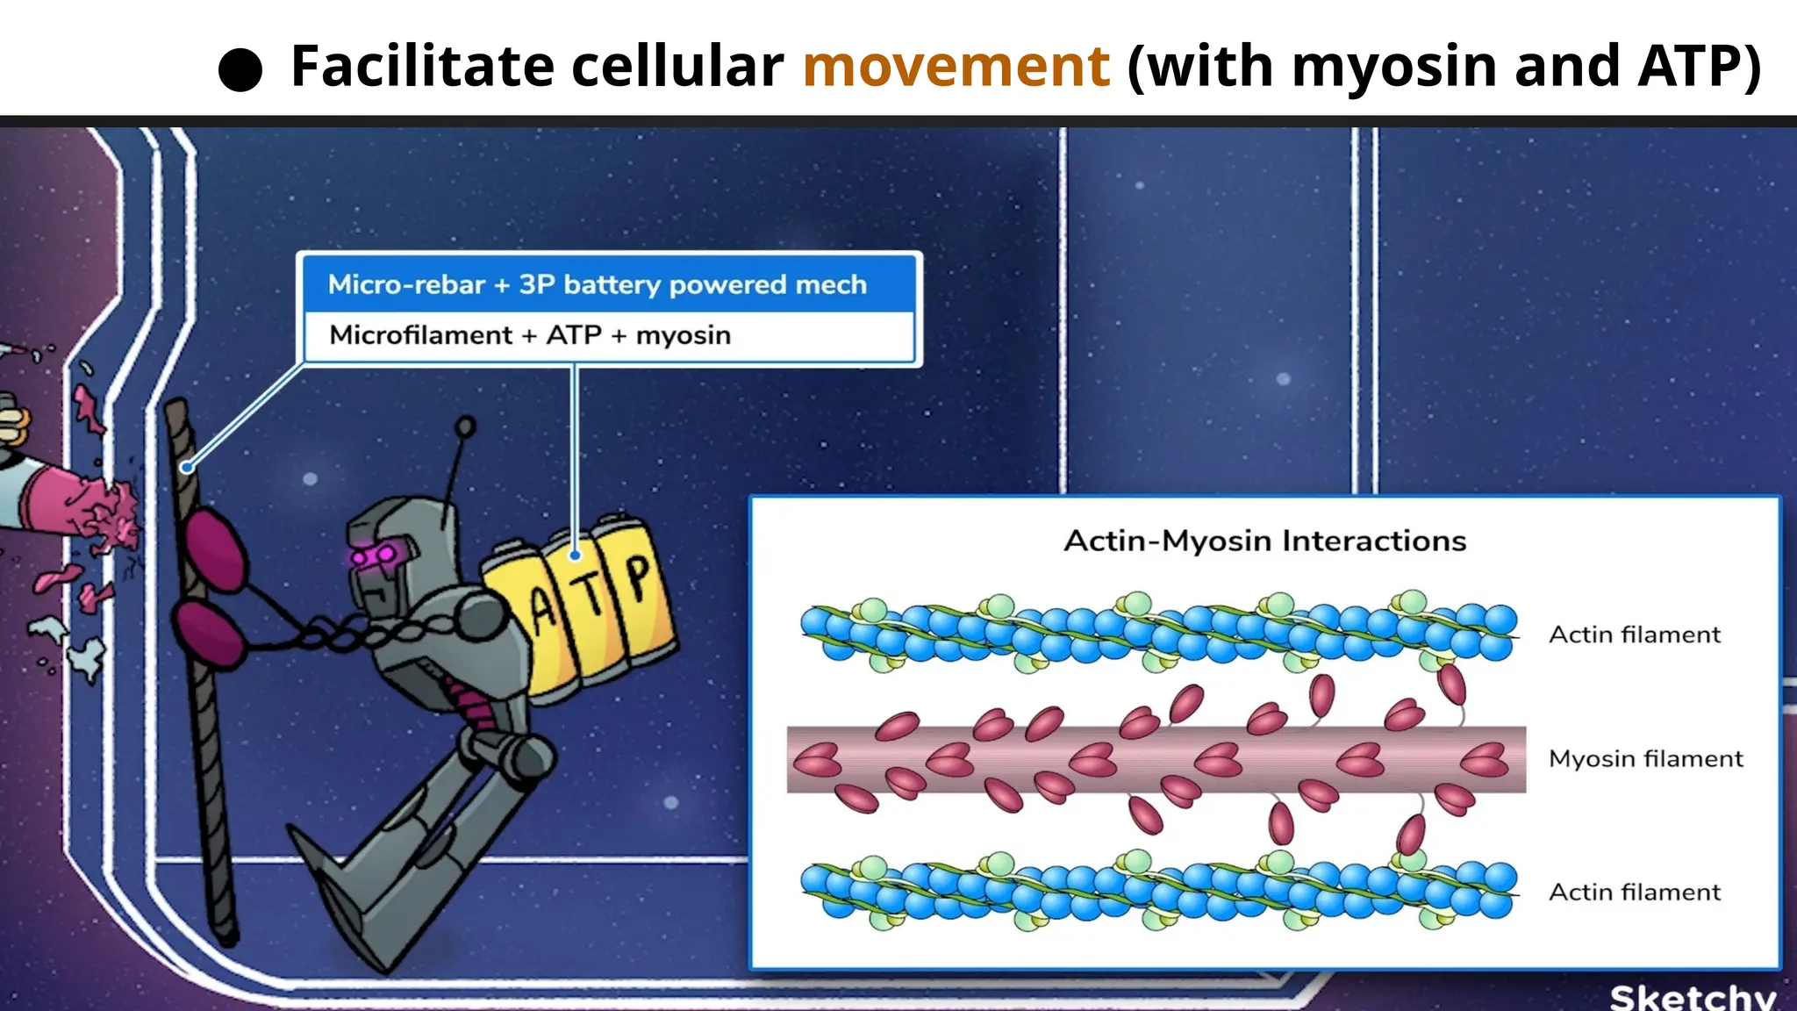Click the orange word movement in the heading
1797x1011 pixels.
(956, 67)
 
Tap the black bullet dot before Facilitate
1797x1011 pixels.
(240, 69)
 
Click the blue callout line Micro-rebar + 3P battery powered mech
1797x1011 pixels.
(597, 284)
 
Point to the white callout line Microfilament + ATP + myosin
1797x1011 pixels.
(530, 335)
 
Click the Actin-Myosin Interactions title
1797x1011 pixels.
(1264, 541)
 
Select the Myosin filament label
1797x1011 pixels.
(1645, 758)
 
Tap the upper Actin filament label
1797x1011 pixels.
(1634, 635)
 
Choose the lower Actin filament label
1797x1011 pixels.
(1634, 892)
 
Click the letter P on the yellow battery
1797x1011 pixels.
(638, 577)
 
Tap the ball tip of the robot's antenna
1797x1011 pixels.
(466, 427)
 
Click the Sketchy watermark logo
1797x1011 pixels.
(1693, 997)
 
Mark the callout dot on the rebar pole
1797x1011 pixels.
(187, 468)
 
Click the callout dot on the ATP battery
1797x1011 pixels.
(575, 555)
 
